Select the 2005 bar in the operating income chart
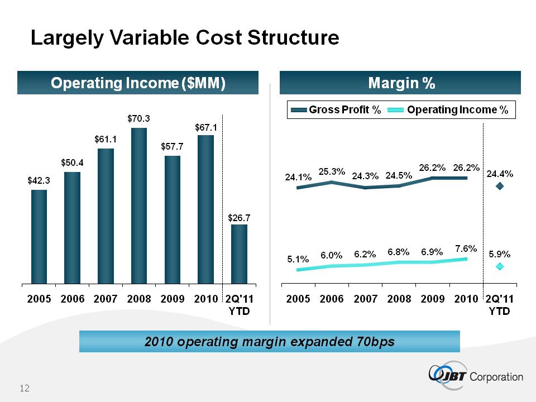click(x=39, y=236)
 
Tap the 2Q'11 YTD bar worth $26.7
click(x=239, y=253)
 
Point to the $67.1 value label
click(x=205, y=127)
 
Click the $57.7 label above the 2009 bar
click(x=173, y=146)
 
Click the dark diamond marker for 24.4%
click(x=500, y=186)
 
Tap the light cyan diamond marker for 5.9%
click(x=500, y=266)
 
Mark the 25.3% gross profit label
click(x=332, y=171)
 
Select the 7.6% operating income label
click(x=465, y=248)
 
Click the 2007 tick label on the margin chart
click(x=366, y=299)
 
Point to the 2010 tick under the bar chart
click(x=205, y=299)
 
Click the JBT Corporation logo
click(x=476, y=376)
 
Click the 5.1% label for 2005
click(x=298, y=259)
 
